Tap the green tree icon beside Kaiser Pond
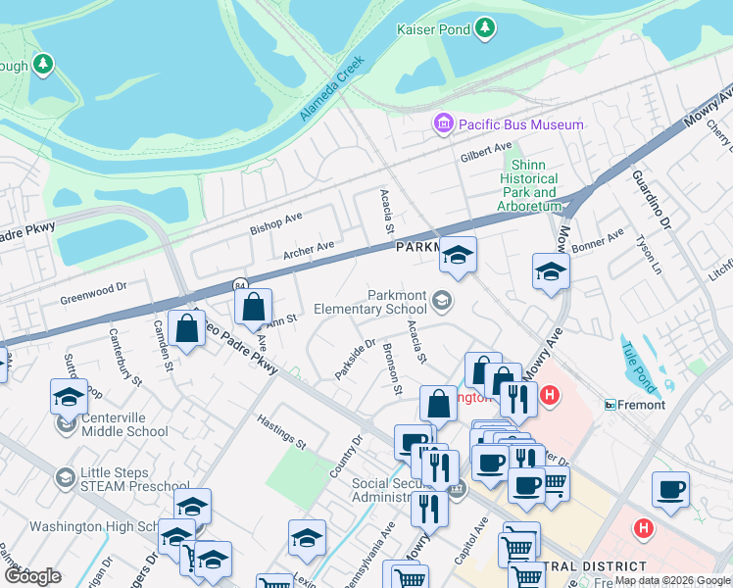(x=483, y=30)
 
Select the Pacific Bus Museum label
(x=521, y=124)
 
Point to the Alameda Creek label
(x=332, y=89)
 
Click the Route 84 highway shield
(x=240, y=284)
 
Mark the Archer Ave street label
(x=309, y=252)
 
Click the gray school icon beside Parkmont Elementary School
(x=443, y=301)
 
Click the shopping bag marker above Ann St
(x=253, y=307)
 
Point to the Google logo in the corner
(x=32, y=576)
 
